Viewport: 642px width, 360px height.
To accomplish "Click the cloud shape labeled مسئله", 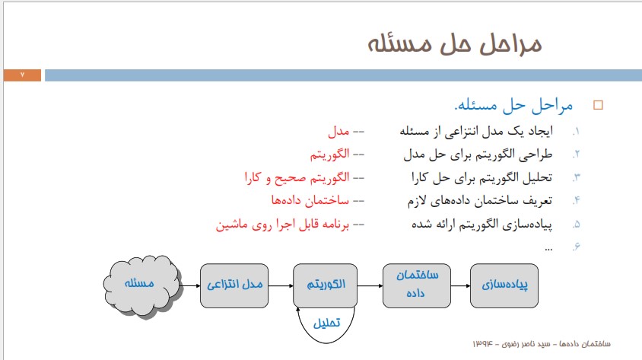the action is tap(141, 286).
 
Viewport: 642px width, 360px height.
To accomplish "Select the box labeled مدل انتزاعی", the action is tap(234, 285).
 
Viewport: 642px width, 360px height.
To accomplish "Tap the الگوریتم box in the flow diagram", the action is tap(325, 285).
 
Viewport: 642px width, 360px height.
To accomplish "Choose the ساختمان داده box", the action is tap(417, 285).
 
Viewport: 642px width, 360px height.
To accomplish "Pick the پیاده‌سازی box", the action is tap(504, 285).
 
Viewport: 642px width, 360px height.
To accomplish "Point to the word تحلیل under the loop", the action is tap(326, 323).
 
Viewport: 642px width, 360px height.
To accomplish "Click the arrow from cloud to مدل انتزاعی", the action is tap(190, 285).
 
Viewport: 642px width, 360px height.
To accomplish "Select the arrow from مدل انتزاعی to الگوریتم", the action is tap(281, 285).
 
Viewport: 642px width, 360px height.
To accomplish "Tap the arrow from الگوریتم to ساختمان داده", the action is tap(370, 285).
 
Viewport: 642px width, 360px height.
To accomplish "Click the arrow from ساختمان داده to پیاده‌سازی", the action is tap(461, 285).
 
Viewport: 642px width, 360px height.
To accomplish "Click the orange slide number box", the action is tap(22, 75).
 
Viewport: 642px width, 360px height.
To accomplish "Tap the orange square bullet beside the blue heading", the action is tap(598, 105).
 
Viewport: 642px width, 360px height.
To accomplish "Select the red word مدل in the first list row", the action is tap(338, 132).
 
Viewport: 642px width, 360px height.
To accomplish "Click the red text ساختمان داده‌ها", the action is tap(310, 200).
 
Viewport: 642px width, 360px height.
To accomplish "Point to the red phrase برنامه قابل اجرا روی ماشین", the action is tap(282, 225).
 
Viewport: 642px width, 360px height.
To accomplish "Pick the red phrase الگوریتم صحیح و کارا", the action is tap(297, 178).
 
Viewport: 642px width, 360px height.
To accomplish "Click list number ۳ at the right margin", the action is tap(577, 178).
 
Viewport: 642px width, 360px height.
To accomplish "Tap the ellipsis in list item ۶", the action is tap(548, 249).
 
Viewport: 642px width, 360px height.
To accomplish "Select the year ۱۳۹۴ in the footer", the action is tap(483, 343).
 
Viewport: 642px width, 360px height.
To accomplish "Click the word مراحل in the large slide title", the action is tap(510, 44).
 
